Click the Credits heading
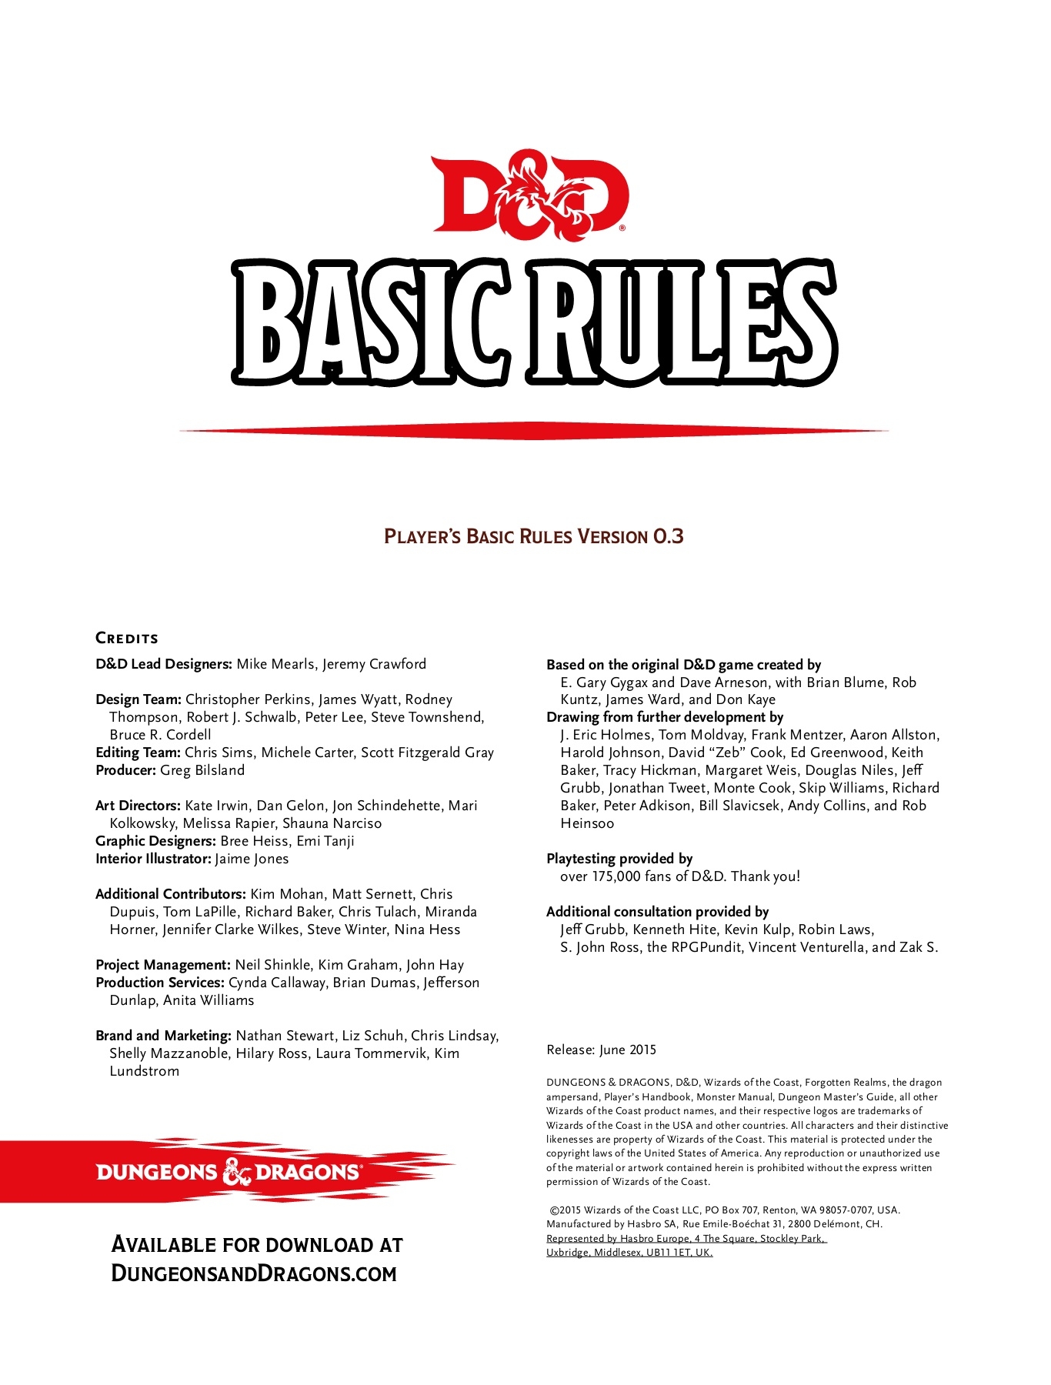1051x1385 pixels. point(127,638)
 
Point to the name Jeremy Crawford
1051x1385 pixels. point(374,664)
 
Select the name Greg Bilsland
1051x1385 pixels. point(202,770)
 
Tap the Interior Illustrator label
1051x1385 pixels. point(153,859)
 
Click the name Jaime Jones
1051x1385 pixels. point(252,859)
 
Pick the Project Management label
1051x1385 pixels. point(163,965)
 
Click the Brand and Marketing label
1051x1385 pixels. point(163,1036)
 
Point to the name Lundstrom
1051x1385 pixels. point(144,1071)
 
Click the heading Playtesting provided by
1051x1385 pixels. point(619,859)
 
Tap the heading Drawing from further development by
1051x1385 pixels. point(665,717)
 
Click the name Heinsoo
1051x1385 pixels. point(587,823)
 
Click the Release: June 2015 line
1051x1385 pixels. point(601,1050)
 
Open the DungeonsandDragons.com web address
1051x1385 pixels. point(254,1273)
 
